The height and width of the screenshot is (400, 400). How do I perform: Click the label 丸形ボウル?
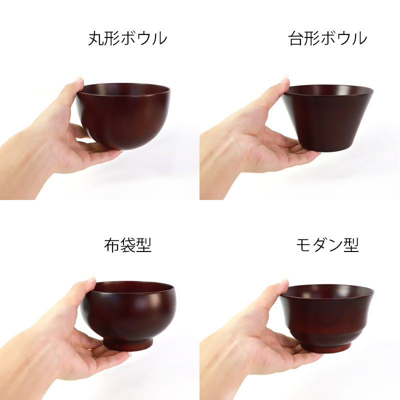tap(127, 38)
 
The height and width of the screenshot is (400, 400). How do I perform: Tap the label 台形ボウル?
tap(327, 38)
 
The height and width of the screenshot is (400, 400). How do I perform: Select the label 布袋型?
tap(127, 245)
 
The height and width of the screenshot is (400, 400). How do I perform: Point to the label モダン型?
tap(327, 245)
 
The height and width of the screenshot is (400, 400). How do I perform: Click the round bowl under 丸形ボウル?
tap(123, 116)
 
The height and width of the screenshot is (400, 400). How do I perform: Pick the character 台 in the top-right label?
tap(295, 38)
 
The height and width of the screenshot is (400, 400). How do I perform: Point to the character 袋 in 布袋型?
tap(127, 245)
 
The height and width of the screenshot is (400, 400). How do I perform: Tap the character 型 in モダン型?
tap(351, 245)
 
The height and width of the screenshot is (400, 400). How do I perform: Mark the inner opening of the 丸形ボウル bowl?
tap(125, 89)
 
